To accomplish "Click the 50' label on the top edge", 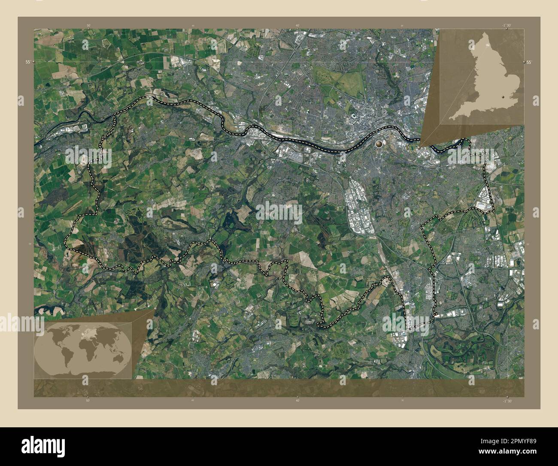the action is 88,25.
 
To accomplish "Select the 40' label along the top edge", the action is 297,25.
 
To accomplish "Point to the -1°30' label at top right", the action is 507,25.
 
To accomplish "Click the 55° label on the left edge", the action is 27,62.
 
